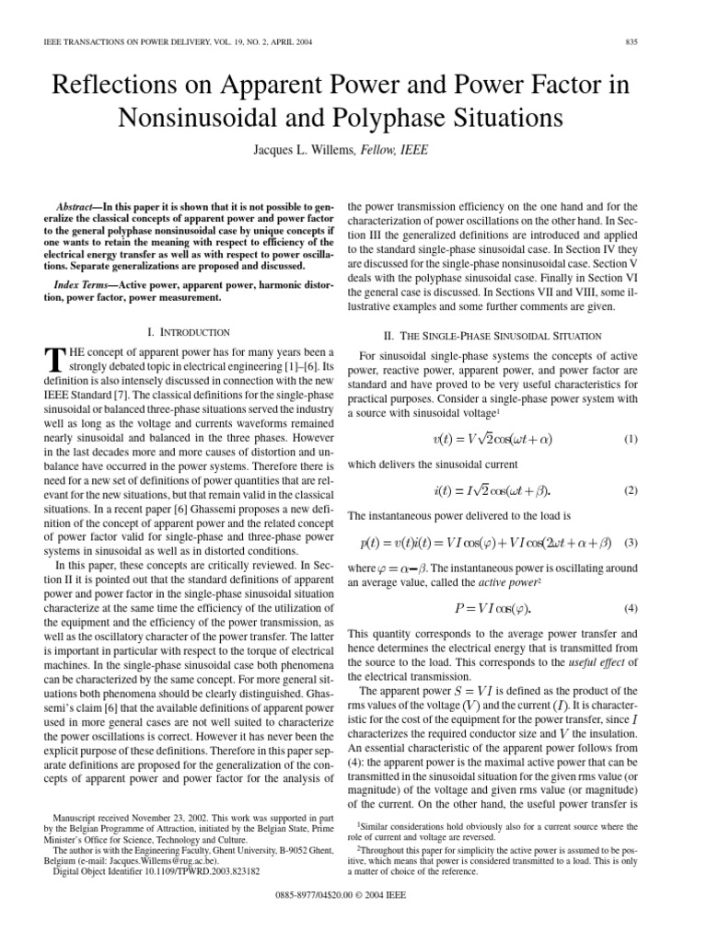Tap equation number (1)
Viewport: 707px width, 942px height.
click(631, 440)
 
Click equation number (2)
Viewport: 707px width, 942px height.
click(631, 490)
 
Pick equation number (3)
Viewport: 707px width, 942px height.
click(631, 540)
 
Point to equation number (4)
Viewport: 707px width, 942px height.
click(631, 608)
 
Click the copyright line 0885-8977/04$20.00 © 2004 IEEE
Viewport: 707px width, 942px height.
click(353, 919)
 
